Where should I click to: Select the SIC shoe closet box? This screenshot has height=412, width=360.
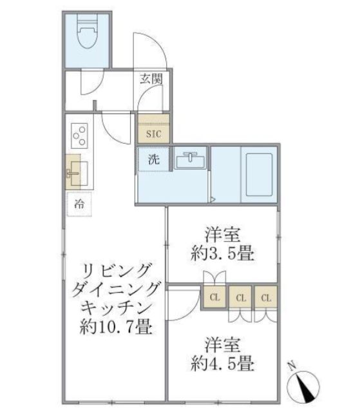pos(154,134)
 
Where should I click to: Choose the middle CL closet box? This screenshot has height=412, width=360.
pos(241,298)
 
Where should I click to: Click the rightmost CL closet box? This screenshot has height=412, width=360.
pos(265,298)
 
